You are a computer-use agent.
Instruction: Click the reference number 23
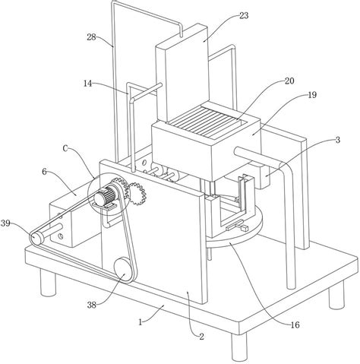244,16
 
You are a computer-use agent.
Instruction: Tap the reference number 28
91,37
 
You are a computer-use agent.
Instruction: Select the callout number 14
88,84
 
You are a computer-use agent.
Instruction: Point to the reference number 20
289,81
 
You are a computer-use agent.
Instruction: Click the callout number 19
312,95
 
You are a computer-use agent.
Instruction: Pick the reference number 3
338,140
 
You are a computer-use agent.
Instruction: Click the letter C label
65,149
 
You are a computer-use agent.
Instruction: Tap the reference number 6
44,172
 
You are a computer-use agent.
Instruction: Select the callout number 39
5,223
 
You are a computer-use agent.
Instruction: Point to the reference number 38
92,305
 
